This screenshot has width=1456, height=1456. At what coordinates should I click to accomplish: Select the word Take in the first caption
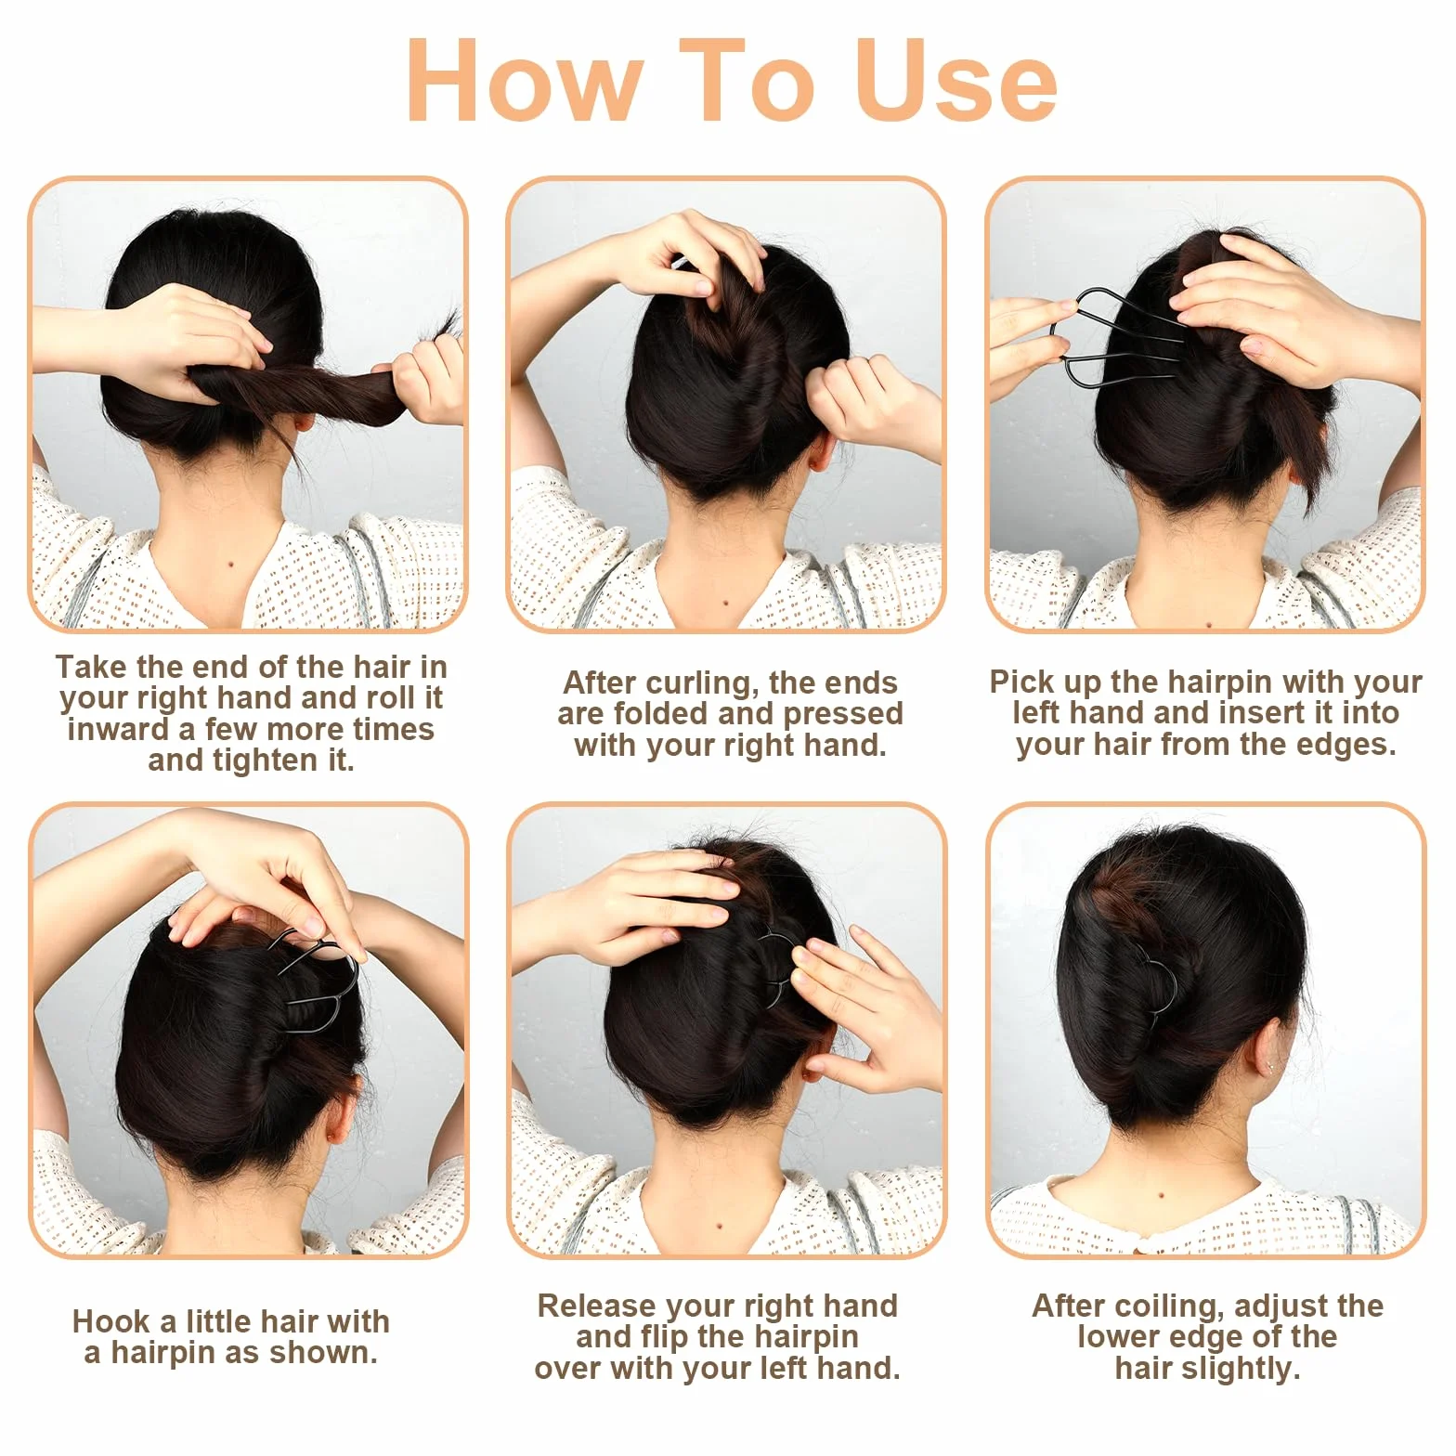pyautogui.click(x=91, y=667)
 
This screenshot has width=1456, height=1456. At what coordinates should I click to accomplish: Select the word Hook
pyautogui.click(x=111, y=1321)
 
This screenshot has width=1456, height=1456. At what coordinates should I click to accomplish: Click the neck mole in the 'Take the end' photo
pyautogui.click(x=229, y=561)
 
